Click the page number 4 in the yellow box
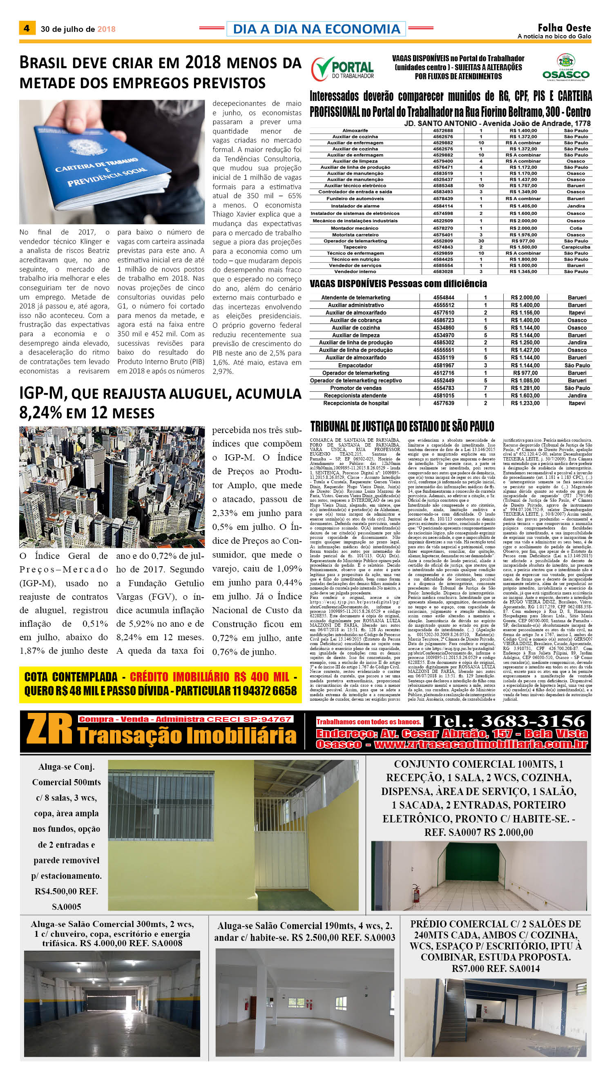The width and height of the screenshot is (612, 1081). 27,29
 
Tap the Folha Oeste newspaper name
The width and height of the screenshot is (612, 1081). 564,28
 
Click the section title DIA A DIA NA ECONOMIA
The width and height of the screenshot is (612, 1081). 316,29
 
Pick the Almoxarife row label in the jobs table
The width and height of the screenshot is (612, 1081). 355,131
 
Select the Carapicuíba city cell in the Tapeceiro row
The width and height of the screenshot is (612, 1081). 575,247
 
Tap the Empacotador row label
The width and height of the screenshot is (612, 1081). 355,366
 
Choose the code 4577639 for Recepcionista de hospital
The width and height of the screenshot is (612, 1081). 443,403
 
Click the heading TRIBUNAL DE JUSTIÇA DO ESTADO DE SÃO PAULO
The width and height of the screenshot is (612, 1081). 402,427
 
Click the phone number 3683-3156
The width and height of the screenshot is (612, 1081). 508,721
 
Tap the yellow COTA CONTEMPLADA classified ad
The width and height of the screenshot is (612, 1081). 160,684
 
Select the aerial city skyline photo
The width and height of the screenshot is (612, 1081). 112,487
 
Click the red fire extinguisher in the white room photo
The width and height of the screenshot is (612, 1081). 416,896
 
